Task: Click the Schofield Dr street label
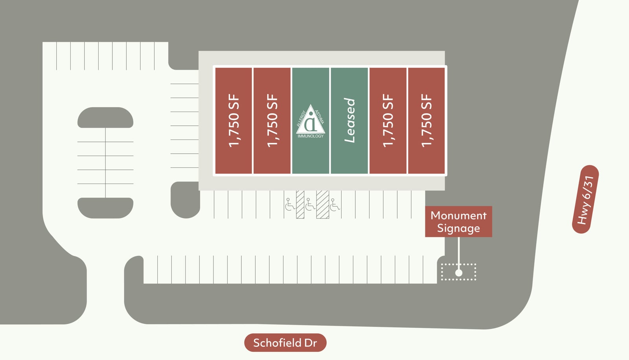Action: tap(285, 343)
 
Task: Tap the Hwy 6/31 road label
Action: tap(585, 199)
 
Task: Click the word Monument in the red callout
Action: tap(458, 216)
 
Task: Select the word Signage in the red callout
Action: tap(458, 229)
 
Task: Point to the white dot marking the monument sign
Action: tap(458, 273)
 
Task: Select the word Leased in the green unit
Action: tap(349, 120)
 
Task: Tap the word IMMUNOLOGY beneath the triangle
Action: tap(311, 136)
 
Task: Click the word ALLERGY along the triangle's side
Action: tap(301, 119)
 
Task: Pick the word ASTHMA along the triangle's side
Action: tap(320, 117)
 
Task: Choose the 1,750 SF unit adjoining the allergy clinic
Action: tap(272, 121)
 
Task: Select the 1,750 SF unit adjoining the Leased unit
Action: tap(388, 121)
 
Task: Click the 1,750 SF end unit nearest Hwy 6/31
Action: tap(427, 121)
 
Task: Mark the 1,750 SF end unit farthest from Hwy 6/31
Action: tap(234, 121)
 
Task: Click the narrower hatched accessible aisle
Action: tap(300, 204)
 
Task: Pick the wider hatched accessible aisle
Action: tap(323, 204)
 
